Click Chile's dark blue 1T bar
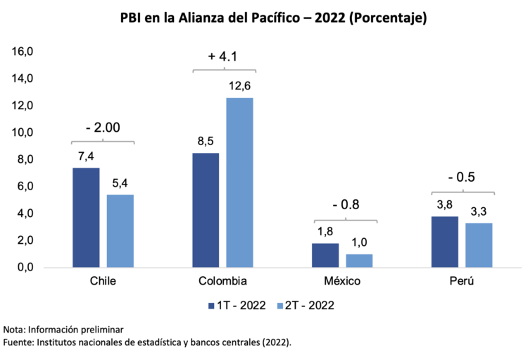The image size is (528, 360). pos(86,218)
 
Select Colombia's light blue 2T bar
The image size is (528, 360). pos(239,182)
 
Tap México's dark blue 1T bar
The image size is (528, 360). pos(325,255)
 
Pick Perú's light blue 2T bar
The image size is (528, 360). pos(479,245)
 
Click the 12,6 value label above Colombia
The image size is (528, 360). pos(239,87)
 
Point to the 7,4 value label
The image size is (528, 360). pos(85,156)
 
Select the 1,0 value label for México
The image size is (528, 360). pos(359,242)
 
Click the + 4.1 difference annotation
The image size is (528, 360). pos(225,56)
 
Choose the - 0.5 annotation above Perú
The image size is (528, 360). pos(462,177)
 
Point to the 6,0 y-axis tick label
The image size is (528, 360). pos(25,187)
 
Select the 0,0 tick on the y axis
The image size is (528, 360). pos(25,268)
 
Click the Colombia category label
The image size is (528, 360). pos(222,281)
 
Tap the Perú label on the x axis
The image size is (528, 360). pos(462,281)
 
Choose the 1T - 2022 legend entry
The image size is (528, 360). pos(236,305)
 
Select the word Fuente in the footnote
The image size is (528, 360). pos(20,342)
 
